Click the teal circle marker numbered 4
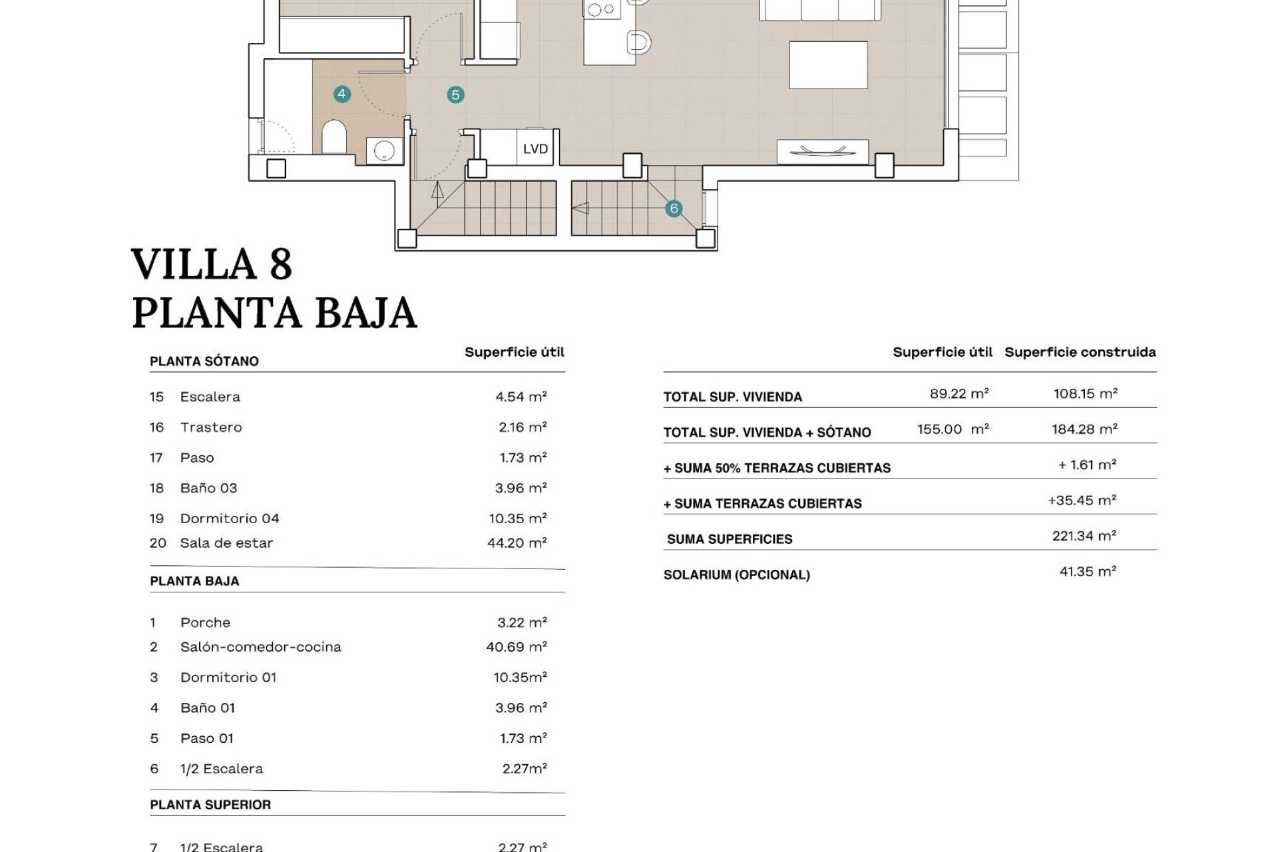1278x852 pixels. tap(341, 94)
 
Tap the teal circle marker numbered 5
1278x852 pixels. tap(455, 95)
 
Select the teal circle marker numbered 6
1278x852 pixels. tap(674, 208)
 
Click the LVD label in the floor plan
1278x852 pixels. tap(535, 148)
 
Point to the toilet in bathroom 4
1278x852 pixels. tap(333, 137)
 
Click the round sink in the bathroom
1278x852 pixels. tap(385, 151)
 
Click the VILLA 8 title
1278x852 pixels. tap(212, 264)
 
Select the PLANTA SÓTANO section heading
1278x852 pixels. tap(204, 361)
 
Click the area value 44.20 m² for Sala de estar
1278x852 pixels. tap(517, 543)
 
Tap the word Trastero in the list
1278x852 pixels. tap(211, 427)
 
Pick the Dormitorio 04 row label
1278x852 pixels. tap(230, 519)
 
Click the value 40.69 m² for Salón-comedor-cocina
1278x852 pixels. tap(517, 647)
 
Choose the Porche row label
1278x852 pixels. tap(205, 623)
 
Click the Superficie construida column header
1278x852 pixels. tap(1080, 352)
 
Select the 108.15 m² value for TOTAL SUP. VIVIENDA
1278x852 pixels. tap(1085, 393)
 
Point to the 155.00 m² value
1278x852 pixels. tap(953, 429)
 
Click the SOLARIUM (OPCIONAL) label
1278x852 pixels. tap(736, 575)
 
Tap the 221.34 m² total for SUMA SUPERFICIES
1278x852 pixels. tap(1084, 536)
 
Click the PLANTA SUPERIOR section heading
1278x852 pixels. tap(210, 805)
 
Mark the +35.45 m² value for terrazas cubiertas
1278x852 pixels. tap(1082, 501)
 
